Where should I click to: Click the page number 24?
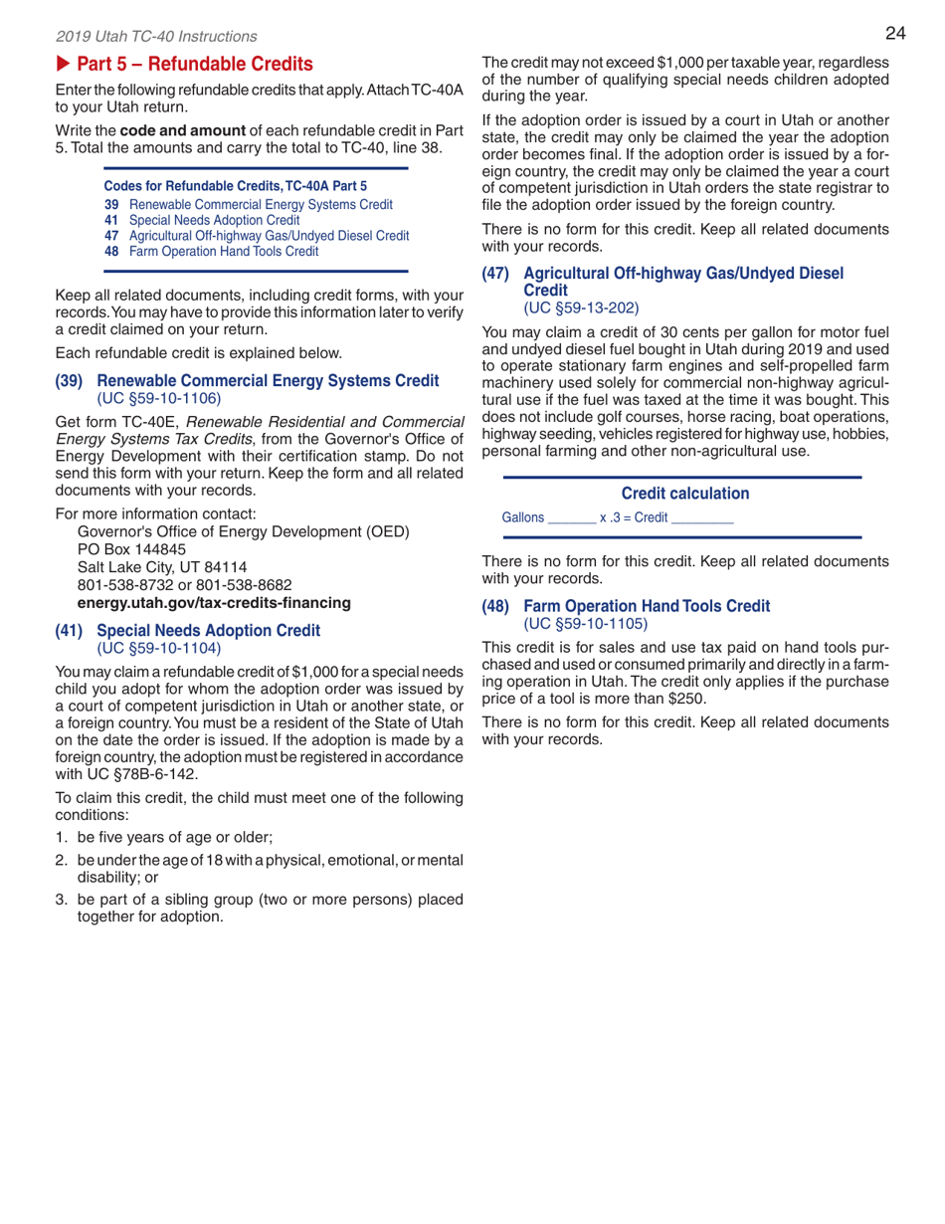(895, 34)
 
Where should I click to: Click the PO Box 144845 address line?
(129, 548)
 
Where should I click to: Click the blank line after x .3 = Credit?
(702, 518)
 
